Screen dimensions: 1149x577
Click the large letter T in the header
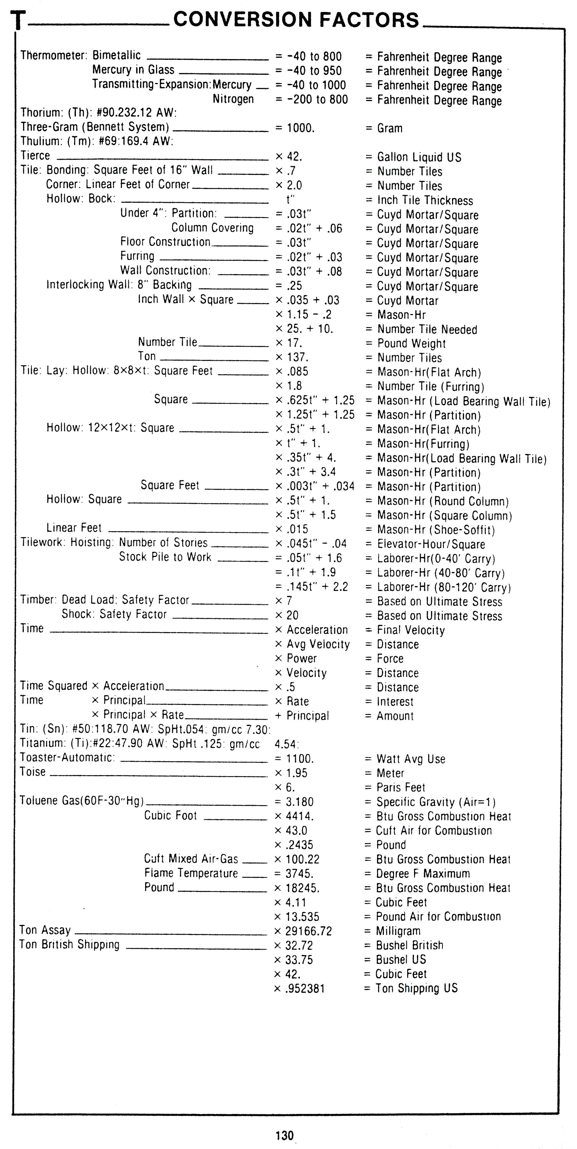(18, 20)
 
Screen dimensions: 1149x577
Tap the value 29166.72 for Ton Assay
(303, 931)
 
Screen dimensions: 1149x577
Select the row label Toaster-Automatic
(67, 758)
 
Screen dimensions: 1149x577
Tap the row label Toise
(32, 772)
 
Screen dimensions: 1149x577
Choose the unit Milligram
(398, 931)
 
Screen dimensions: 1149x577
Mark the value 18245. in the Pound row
(303, 888)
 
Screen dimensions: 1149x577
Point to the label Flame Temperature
(191, 873)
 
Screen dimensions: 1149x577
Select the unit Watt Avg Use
(411, 759)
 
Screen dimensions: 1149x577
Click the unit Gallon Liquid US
(419, 157)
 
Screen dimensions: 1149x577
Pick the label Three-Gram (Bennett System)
(95, 127)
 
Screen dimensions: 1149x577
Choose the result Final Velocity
(411, 630)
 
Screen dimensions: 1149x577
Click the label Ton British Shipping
(70, 945)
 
